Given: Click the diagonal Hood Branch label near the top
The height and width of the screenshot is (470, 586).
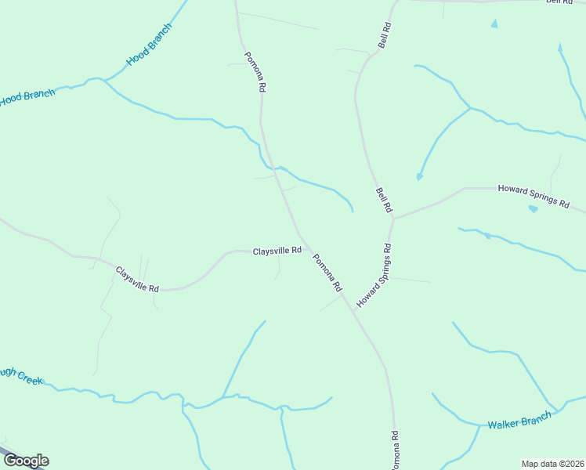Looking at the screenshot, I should pos(149,45).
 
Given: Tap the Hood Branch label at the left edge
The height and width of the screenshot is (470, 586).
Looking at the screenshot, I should pos(27,98).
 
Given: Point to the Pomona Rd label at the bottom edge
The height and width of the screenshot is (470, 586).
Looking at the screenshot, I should pos(396,450).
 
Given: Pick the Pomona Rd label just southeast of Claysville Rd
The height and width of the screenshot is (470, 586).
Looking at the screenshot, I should pos(327,273).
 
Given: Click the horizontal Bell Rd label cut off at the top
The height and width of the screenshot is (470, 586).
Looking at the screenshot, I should pos(559,2).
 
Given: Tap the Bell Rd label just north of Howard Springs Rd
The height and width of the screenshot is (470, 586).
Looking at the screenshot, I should pos(383,200).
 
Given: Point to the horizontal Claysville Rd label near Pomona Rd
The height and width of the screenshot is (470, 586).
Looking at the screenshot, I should pos(277,251).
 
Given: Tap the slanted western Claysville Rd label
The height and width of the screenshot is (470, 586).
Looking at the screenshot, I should pos(137,280).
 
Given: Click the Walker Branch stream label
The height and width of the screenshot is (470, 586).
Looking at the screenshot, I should pos(519,421).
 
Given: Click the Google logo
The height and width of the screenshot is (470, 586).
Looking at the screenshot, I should pos(25,461).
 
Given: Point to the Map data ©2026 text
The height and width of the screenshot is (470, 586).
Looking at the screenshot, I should pos(552,463).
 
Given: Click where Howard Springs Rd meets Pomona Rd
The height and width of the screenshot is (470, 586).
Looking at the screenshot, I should pos(353,311).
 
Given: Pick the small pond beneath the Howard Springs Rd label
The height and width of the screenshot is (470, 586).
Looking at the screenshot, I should pos(534,209).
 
